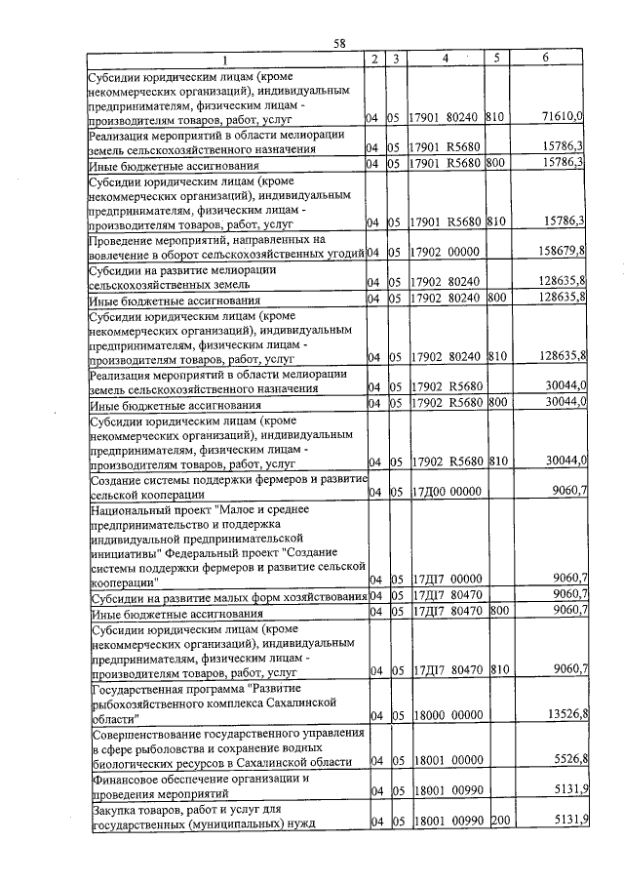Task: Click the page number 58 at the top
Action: click(339, 43)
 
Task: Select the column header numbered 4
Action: click(444, 59)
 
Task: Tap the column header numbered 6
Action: click(545, 59)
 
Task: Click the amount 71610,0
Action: click(563, 117)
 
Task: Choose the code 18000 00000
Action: click(445, 715)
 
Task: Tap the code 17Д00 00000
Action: click(445, 492)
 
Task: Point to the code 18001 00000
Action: click(445, 759)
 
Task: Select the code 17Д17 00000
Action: click(445, 579)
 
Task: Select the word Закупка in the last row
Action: click(112, 810)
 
